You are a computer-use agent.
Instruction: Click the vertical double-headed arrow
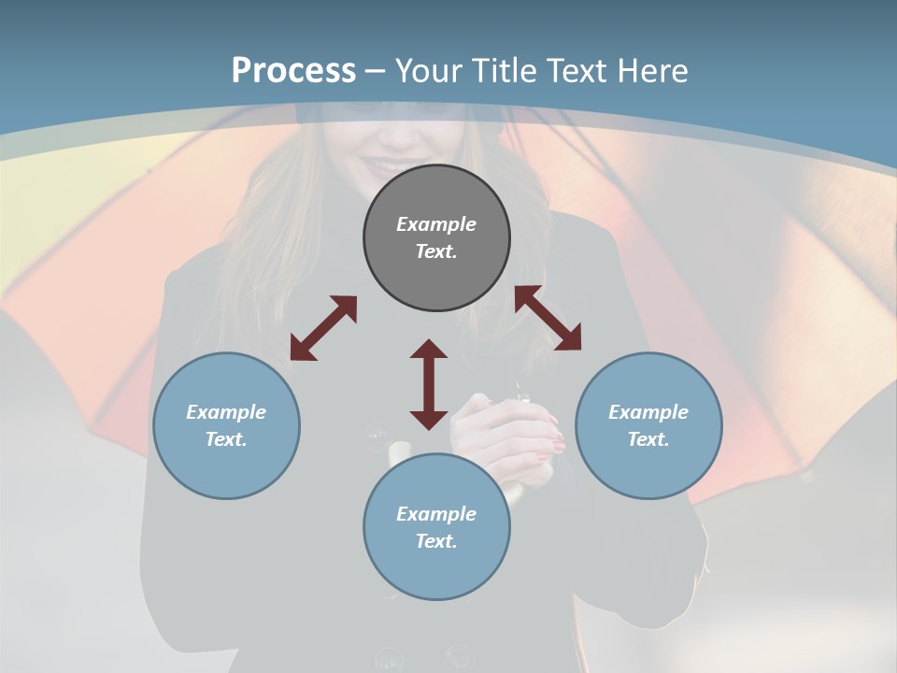coord(429,384)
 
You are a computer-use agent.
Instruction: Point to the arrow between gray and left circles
coord(323,328)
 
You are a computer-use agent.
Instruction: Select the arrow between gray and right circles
coord(548,319)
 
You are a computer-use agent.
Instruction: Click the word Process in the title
coord(293,71)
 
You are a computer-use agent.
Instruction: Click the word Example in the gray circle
coord(436,224)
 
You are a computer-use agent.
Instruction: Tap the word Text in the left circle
coord(226,439)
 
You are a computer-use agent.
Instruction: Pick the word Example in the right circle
coord(648,412)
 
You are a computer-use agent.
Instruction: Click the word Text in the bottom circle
coord(436,541)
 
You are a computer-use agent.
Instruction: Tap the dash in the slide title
coord(376,71)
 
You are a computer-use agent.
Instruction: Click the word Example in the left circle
coord(226,412)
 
